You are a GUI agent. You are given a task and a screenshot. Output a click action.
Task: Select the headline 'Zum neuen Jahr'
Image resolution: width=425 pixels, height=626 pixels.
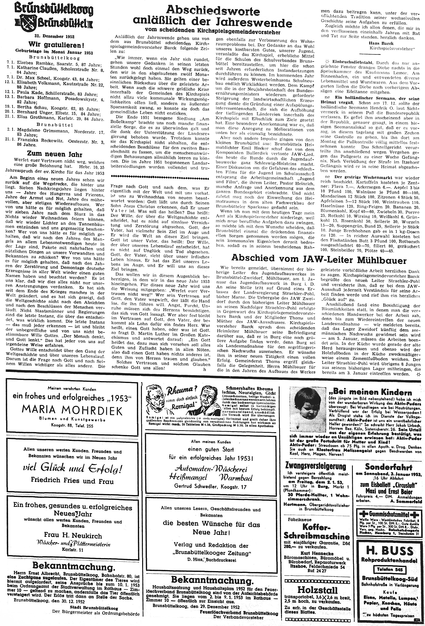pos(55,154)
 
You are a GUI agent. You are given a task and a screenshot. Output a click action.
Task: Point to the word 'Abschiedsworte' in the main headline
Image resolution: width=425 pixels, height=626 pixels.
pos(213,11)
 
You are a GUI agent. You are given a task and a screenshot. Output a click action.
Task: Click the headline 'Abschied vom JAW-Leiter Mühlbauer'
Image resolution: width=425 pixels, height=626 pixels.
pos(319,259)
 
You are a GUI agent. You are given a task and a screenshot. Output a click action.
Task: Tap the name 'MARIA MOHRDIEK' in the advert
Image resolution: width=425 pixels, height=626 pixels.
pos(72,411)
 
